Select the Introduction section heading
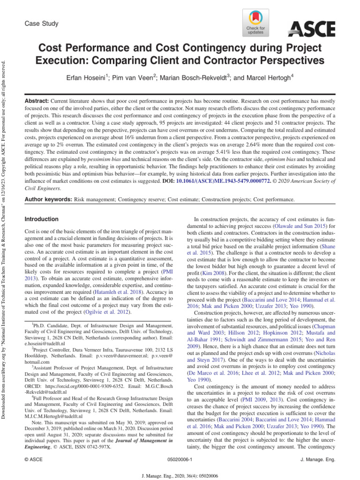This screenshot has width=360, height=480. click(41, 219)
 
